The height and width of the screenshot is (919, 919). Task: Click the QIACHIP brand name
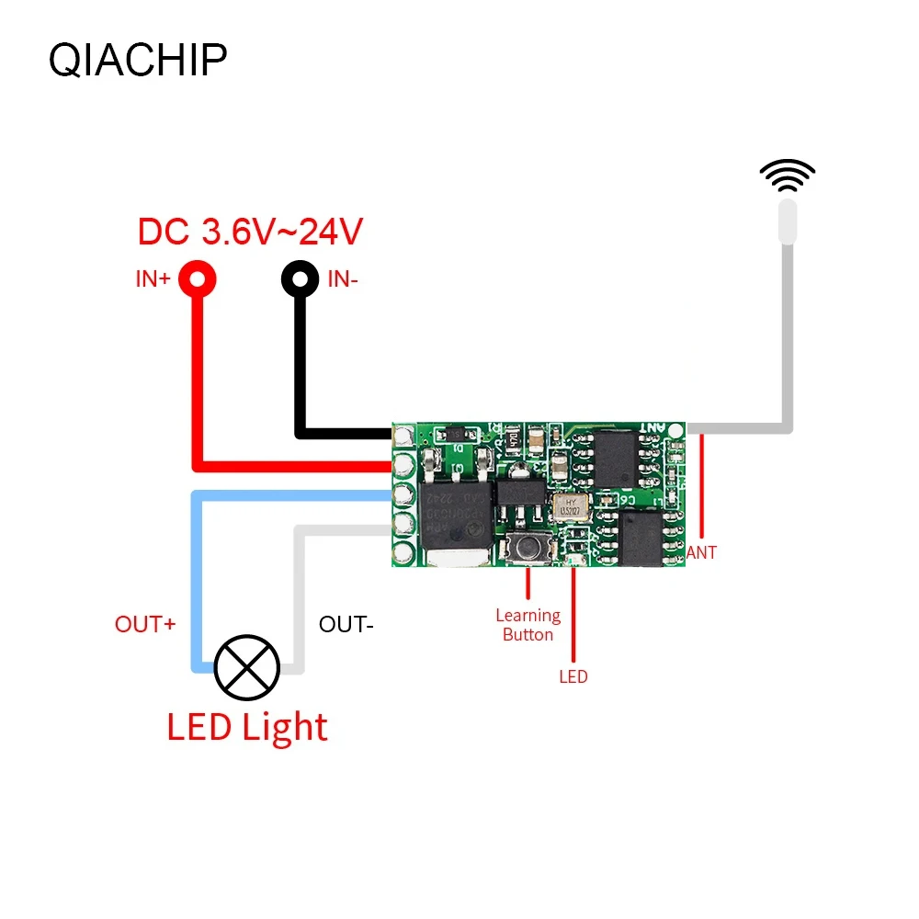click(137, 61)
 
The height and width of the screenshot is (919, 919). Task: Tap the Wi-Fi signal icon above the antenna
click(788, 175)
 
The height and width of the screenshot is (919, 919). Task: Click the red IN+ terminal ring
click(198, 278)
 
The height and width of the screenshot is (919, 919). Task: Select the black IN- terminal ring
click(300, 278)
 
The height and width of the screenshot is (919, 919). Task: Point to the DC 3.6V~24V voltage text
click(250, 232)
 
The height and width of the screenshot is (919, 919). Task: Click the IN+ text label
click(153, 279)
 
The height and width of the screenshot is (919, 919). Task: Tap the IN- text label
click(342, 279)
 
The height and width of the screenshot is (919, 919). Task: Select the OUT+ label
click(145, 624)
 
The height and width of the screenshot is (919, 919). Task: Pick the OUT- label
click(346, 624)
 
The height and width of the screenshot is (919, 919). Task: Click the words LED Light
click(246, 727)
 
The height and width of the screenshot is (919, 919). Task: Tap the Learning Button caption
click(528, 625)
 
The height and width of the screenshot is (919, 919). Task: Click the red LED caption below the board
click(573, 677)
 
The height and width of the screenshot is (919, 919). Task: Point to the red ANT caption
click(701, 552)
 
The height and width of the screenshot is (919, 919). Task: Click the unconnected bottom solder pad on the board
click(403, 553)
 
